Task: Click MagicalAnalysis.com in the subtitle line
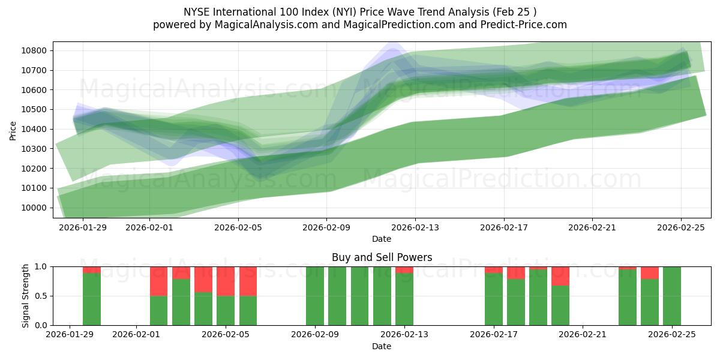(x=262, y=25)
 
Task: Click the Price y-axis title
(x=13, y=130)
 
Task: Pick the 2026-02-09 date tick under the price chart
(x=326, y=227)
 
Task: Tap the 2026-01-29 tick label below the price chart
(x=83, y=227)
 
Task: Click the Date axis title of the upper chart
(x=382, y=239)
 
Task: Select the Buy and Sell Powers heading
(x=382, y=257)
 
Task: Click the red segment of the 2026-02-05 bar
(x=226, y=281)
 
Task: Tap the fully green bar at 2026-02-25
(x=672, y=296)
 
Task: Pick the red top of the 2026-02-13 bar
(x=404, y=269)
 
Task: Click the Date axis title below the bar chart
(x=382, y=346)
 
